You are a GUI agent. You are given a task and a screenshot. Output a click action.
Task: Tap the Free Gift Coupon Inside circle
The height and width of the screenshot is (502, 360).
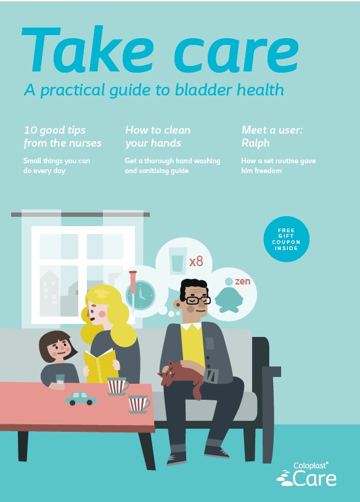[x=286, y=239]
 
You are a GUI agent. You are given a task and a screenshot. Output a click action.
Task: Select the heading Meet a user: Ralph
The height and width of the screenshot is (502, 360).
[x=272, y=136]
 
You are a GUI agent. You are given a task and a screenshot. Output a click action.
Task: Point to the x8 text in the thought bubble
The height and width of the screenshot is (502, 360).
[x=196, y=262]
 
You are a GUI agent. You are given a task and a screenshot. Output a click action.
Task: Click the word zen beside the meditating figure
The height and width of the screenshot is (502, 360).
[x=242, y=281]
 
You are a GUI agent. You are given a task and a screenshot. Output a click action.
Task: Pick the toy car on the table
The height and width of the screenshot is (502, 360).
[x=81, y=399]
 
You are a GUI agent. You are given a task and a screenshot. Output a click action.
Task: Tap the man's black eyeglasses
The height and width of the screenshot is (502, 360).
[x=198, y=301]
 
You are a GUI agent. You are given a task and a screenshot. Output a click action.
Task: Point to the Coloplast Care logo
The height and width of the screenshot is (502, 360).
[x=306, y=474]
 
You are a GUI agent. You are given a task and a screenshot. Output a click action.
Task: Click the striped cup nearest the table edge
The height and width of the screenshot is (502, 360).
[x=139, y=404]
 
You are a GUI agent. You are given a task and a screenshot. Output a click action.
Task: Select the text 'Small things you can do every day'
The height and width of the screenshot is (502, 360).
[x=57, y=166]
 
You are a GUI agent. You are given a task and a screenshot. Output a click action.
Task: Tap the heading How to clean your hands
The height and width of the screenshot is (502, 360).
[x=158, y=136]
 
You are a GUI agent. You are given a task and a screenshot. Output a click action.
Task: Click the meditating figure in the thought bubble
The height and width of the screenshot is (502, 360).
[x=229, y=296]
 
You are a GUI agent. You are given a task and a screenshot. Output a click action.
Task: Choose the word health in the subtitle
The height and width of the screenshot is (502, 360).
[x=260, y=89]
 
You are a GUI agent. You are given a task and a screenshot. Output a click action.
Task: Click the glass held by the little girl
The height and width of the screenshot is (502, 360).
[x=60, y=379]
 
